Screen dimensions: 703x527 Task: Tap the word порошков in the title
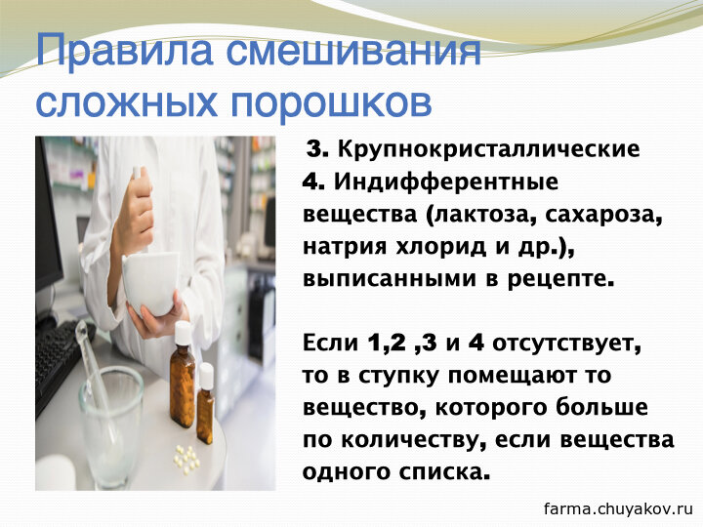(x=331, y=104)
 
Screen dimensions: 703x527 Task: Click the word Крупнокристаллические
(x=488, y=149)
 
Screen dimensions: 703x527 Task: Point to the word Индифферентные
(x=446, y=182)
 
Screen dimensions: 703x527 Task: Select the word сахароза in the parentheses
(x=604, y=215)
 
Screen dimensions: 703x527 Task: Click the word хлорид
(x=441, y=247)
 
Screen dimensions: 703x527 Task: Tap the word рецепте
(x=560, y=280)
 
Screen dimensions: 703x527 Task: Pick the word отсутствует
(x=566, y=345)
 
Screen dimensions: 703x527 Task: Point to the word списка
(x=443, y=473)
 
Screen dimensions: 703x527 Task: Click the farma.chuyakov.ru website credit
(x=618, y=509)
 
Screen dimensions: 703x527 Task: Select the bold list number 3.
(x=317, y=149)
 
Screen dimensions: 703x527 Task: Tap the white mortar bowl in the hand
(x=150, y=283)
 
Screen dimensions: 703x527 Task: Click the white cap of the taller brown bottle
(x=183, y=333)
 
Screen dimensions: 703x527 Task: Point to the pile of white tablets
(x=186, y=458)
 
